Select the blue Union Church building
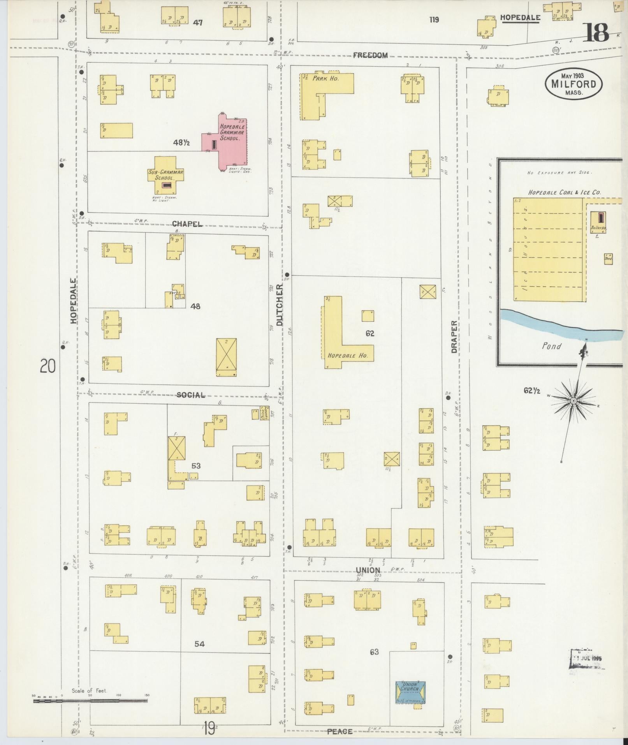(x=410, y=692)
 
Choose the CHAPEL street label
(x=187, y=224)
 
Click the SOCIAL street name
(x=190, y=395)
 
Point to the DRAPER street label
(x=454, y=337)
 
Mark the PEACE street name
(x=340, y=731)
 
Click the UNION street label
(x=368, y=571)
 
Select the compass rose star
(x=573, y=400)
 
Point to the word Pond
(x=551, y=346)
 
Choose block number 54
(x=199, y=644)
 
